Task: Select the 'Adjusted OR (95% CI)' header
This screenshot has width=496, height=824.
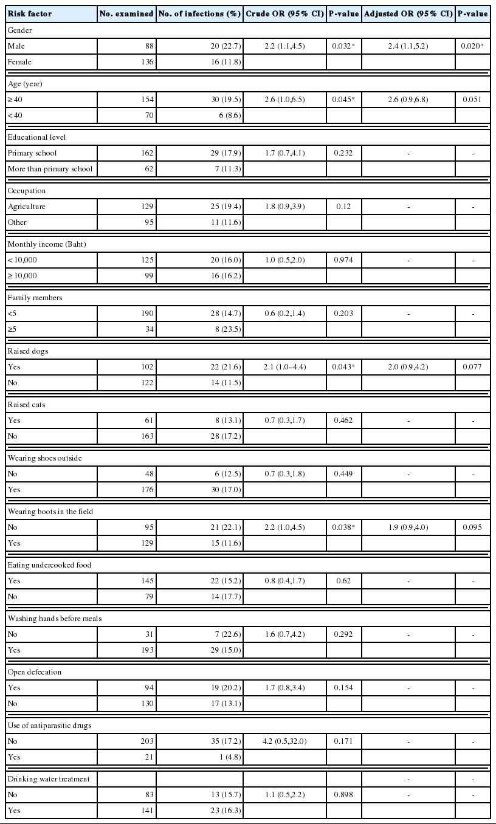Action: point(408,13)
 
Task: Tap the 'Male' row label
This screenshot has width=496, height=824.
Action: point(16,45)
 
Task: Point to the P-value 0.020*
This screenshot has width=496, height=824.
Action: point(473,45)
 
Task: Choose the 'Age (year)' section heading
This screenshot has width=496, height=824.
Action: point(24,83)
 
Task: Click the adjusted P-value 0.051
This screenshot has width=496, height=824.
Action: point(473,98)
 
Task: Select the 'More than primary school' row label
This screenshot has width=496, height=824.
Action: point(50,168)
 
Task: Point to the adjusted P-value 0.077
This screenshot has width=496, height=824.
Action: point(473,367)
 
